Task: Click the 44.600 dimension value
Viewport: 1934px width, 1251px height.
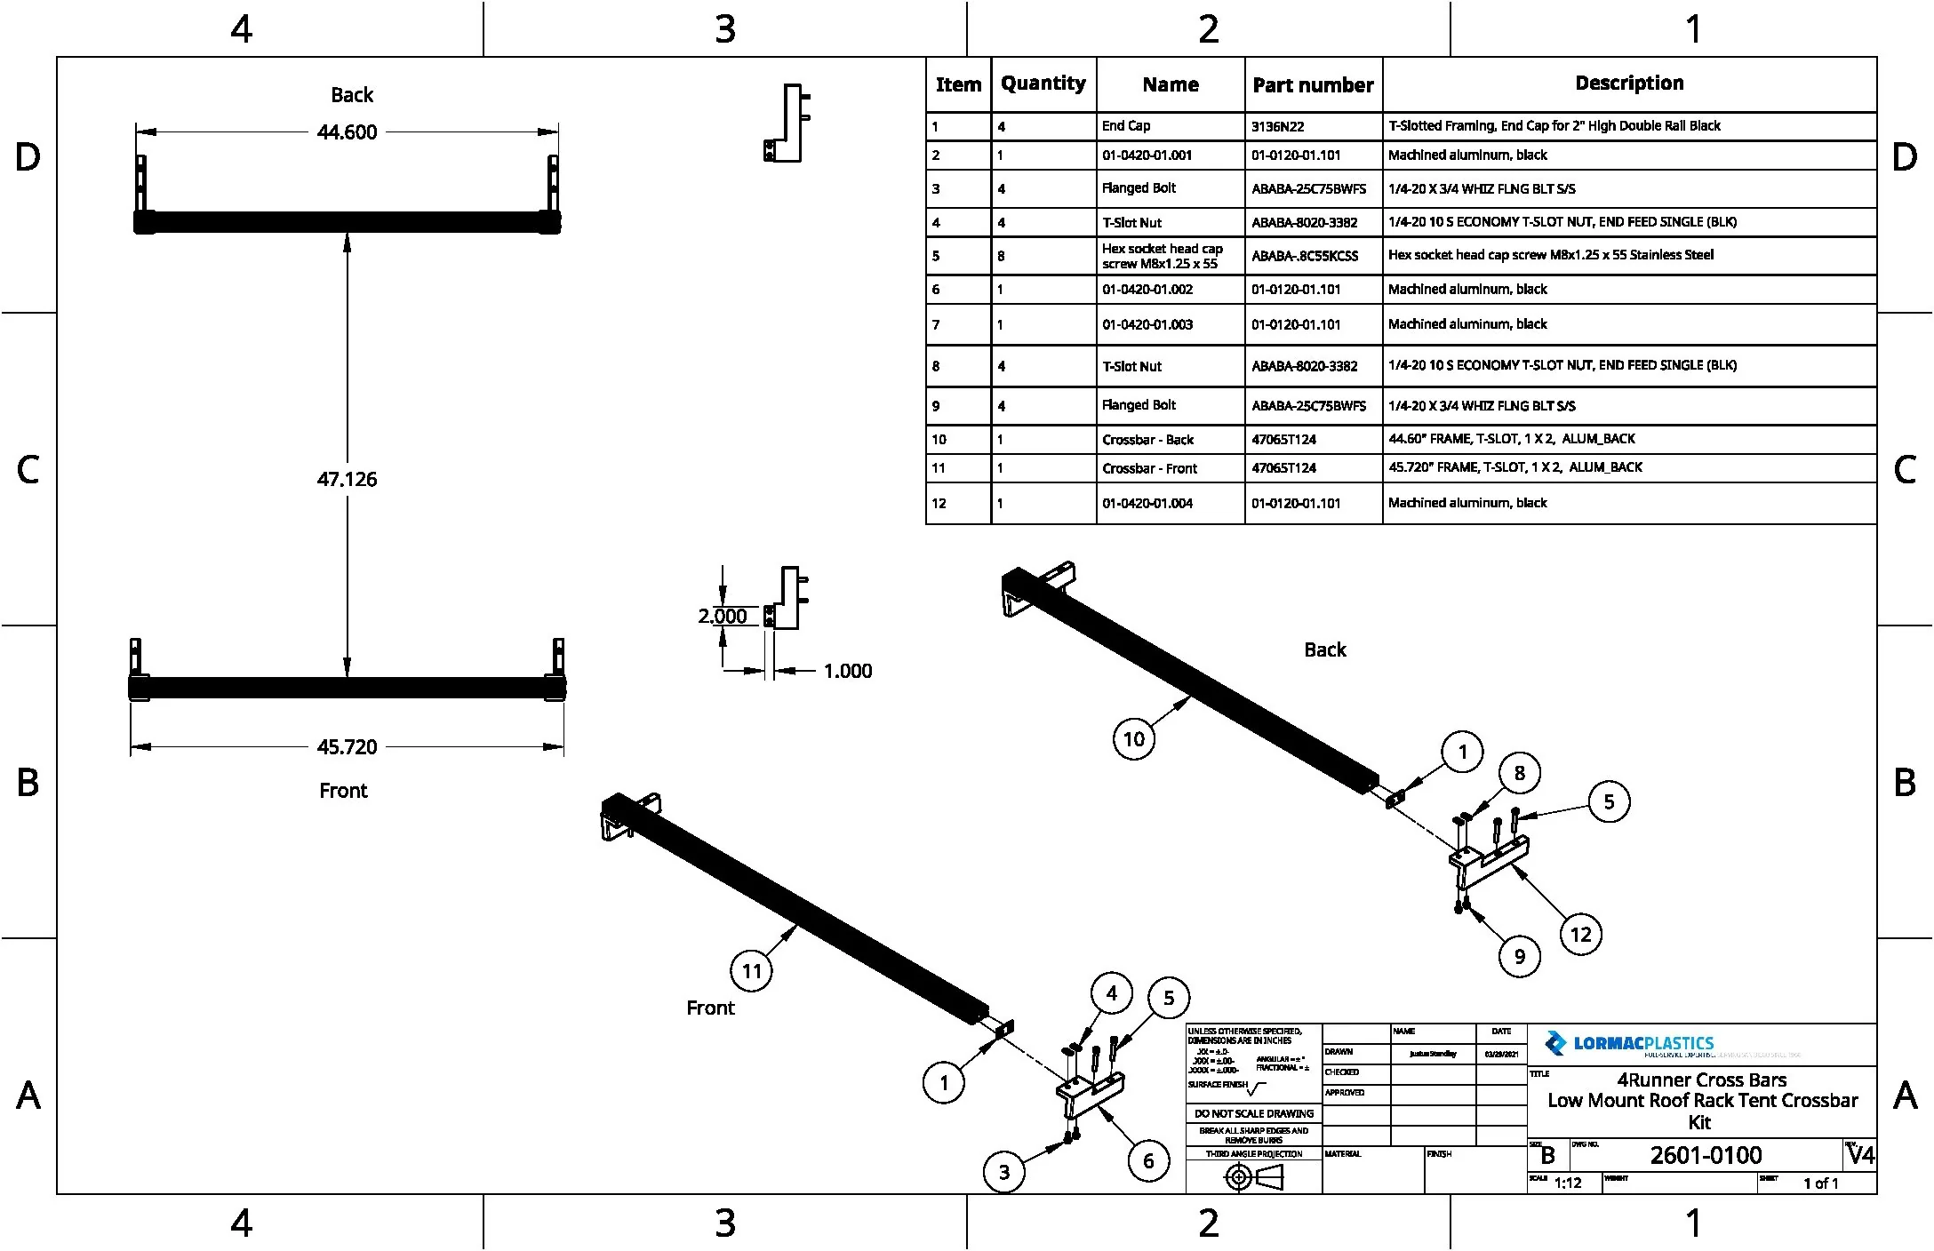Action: pyautogui.click(x=347, y=132)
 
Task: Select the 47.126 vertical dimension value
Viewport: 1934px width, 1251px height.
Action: pyautogui.click(x=347, y=480)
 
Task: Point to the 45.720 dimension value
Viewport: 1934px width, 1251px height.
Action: pyautogui.click(x=347, y=747)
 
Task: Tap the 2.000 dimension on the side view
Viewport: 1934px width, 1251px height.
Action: pyautogui.click(x=722, y=617)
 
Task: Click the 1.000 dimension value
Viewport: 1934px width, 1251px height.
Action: pyautogui.click(x=847, y=672)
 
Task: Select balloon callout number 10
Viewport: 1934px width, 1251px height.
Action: pyautogui.click(x=1134, y=739)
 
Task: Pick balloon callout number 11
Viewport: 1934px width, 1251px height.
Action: pyautogui.click(x=752, y=971)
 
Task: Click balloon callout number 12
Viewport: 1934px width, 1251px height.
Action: pyautogui.click(x=1580, y=935)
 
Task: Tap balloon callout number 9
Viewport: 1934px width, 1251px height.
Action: pyautogui.click(x=1519, y=957)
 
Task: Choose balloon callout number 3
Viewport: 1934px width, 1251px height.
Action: pyautogui.click(x=1004, y=1173)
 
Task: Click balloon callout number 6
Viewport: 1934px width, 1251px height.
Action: pyautogui.click(x=1148, y=1161)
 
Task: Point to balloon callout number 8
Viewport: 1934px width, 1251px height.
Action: pyautogui.click(x=1519, y=773)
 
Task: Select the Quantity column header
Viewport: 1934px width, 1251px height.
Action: pyautogui.click(x=1043, y=84)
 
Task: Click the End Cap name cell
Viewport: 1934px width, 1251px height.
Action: pyautogui.click(x=1126, y=126)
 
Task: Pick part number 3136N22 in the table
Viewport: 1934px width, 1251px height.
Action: pyautogui.click(x=1277, y=127)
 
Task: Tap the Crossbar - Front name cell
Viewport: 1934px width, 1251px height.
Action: pyautogui.click(x=1149, y=469)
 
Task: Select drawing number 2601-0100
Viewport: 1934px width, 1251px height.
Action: pyautogui.click(x=1706, y=1156)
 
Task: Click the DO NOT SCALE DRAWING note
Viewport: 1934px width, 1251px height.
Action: pyautogui.click(x=1253, y=1114)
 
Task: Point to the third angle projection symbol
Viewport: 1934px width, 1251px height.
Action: pyautogui.click(x=1254, y=1178)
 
